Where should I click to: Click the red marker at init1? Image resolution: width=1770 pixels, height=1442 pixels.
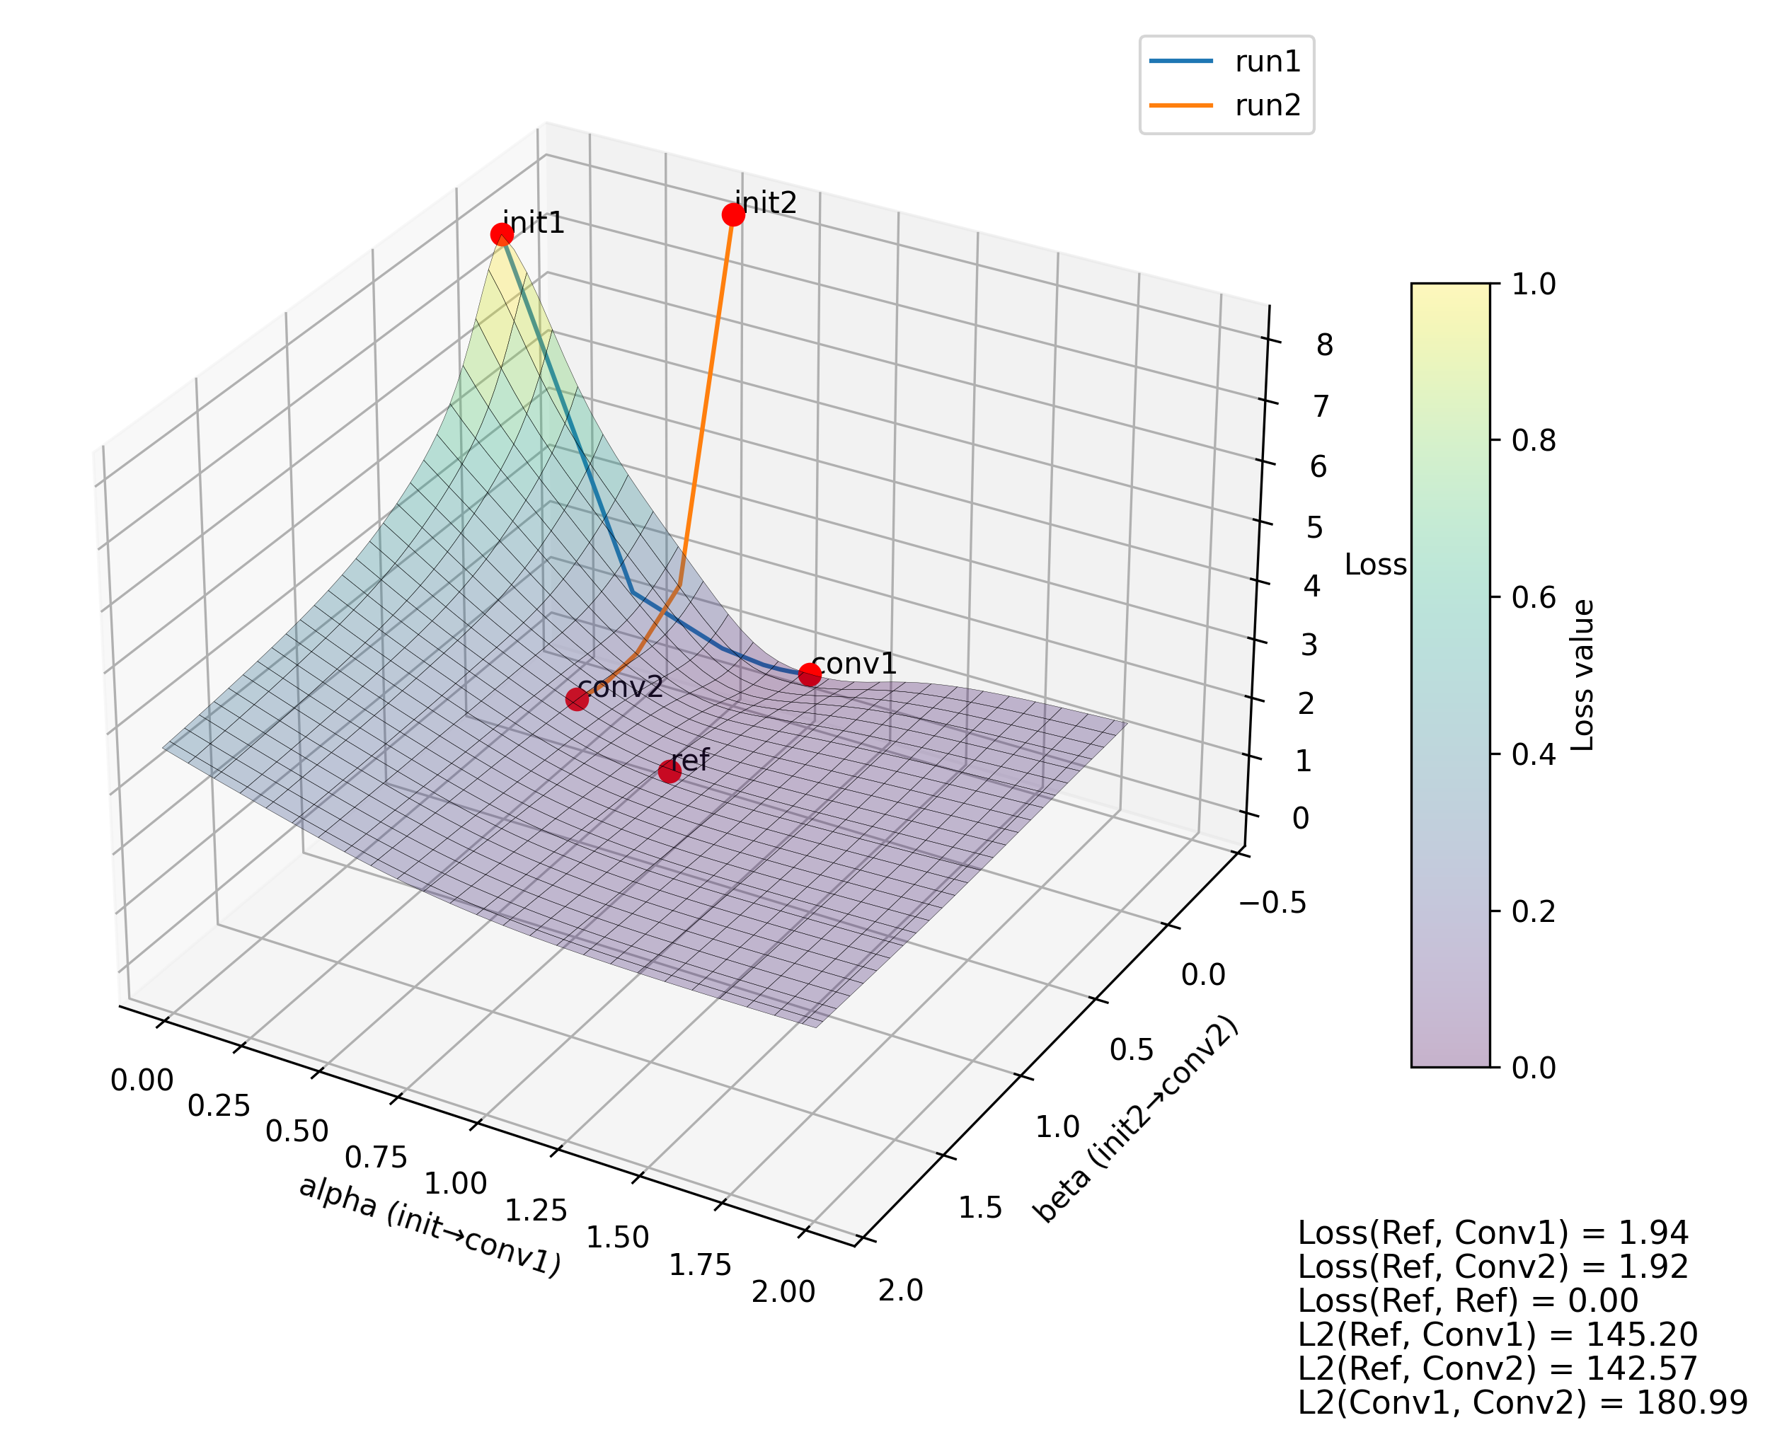click(x=502, y=235)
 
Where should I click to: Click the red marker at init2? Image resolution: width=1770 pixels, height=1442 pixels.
click(x=732, y=215)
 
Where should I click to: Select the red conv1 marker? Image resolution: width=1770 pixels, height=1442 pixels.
click(x=810, y=674)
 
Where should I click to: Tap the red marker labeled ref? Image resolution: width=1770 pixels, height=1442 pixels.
click(x=670, y=772)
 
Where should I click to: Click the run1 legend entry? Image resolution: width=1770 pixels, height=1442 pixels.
click(x=1226, y=62)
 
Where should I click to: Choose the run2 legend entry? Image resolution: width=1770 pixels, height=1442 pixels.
click(x=1226, y=105)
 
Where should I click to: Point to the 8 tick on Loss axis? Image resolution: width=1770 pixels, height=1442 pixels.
click(x=1324, y=345)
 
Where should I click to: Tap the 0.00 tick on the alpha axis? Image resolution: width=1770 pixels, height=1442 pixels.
click(x=142, y=1080)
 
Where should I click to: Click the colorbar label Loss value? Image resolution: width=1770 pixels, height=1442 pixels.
click(x=1583, y=675)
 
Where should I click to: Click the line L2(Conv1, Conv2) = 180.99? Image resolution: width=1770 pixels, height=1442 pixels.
click(x=1522, y=1402)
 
